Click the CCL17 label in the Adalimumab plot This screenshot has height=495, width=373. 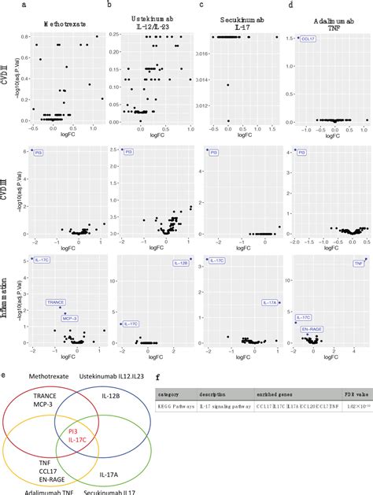[x=310, y=38]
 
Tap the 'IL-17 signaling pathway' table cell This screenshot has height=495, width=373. [x=227, y=407]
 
